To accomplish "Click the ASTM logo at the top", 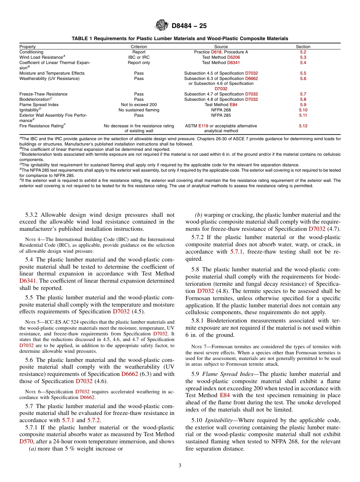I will (162, 26).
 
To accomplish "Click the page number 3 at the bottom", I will (180, 465).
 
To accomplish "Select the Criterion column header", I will (139, 47).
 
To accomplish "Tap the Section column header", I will (303, 47).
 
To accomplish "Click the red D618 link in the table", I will (216, 52).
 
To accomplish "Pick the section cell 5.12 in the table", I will (303, 126).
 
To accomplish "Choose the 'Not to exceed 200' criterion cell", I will (139, 105).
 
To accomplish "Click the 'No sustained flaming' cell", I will (139, 110).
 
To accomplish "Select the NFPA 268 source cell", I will (221, 110).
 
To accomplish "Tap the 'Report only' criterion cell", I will (139, 63).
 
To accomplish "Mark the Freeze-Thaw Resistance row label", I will (43, 94).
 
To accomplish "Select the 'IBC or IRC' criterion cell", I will (139, 57).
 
